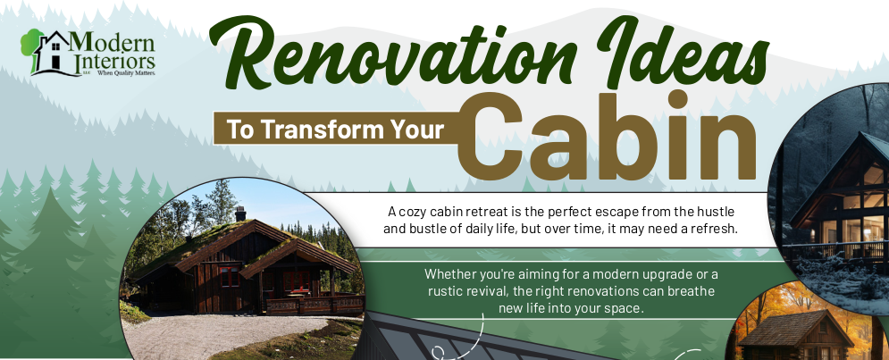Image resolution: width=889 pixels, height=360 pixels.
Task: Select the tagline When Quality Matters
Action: pos(126,73)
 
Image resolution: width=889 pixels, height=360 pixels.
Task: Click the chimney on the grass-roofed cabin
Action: pos(240,213)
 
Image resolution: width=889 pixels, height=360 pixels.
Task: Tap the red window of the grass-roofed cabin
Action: pos(229,277)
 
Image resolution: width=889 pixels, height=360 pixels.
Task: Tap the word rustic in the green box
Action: pos(445,291)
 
